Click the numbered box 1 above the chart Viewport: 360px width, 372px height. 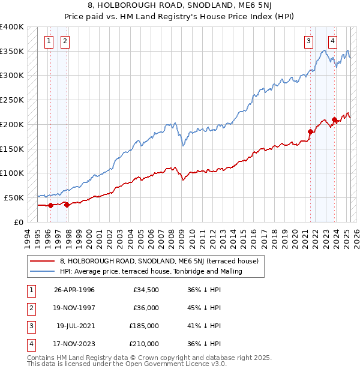49,41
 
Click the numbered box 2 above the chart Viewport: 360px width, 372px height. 64,41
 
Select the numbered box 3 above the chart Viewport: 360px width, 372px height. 308,41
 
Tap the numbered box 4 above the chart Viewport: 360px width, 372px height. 332,41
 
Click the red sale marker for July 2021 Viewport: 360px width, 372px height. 311,131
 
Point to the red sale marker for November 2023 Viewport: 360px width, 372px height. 334,119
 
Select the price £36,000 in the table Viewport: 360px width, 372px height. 146,308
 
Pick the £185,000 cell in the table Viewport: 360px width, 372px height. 143,326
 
